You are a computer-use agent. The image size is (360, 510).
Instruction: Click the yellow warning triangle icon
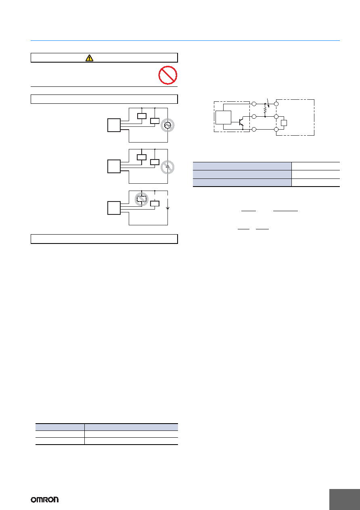[89, 58]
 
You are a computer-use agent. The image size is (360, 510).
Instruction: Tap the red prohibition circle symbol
[168, 75]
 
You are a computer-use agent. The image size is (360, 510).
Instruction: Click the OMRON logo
[45, 500]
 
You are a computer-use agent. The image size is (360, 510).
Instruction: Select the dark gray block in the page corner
[345, 499]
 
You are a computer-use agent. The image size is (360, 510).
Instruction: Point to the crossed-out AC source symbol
[167, 125]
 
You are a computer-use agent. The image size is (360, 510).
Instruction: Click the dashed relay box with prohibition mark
[142, 199]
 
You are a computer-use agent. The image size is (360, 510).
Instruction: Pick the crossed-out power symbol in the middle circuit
[167, 167]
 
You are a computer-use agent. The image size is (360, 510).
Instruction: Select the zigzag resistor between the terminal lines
[265, 110]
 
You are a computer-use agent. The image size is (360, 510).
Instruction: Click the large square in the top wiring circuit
[114, 125]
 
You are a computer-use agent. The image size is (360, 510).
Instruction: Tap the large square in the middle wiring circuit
[114, 166]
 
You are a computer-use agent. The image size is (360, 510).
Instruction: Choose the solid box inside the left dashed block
[223, 118]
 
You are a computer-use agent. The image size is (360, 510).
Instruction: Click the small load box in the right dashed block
[284, 123]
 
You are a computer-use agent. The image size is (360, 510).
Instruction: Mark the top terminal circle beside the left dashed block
[254, 104]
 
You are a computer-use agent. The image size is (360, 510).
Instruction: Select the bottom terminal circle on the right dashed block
[276, 130]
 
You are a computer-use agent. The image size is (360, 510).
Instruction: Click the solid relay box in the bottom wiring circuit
[155, 204]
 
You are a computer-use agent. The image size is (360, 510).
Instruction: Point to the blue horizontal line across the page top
[185, 41]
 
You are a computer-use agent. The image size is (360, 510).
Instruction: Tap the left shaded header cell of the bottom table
[60, 427]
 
